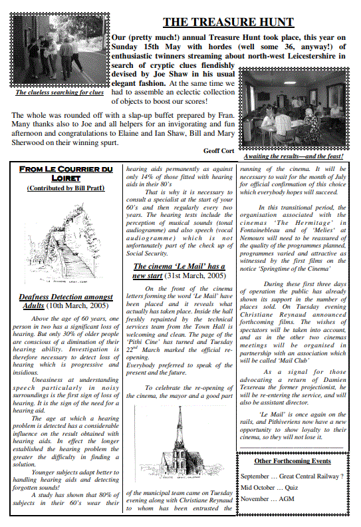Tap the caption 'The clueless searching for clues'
(60, 92)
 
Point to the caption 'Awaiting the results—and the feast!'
(293, 156)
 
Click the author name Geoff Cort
(218, 151)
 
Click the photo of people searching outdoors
(60, 53)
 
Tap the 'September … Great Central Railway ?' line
(292, 476)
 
